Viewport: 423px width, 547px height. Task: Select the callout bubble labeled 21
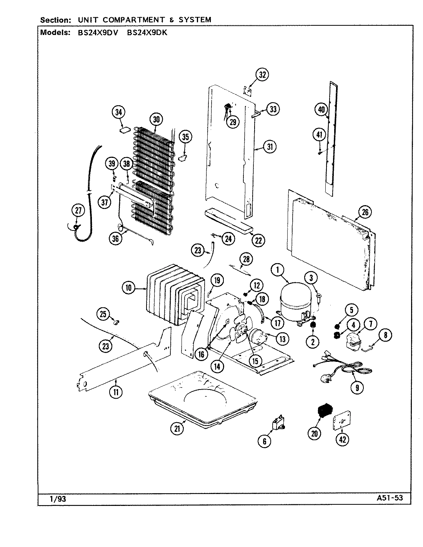pyautogui.click(x=177, y=429)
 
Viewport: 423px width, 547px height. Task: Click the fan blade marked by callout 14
pyautogui.click(x=239, y=333)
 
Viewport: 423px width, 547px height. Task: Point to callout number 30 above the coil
pyautogui.click(x=156, y=119)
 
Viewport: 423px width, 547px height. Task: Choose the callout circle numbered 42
pyautogui.click(x=342, y=440)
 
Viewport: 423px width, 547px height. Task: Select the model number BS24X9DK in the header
pyautogui.click(x=147, y=33)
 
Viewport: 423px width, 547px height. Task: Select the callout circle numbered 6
pyautogui.click(x=264, y=441)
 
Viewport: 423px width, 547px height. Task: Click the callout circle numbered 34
pyautogui.click(x=119, y=113)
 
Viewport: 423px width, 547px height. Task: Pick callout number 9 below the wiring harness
pyautogui.click(x=357, y=388)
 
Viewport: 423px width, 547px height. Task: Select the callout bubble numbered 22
pyautogui.click(x=258, y=240)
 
